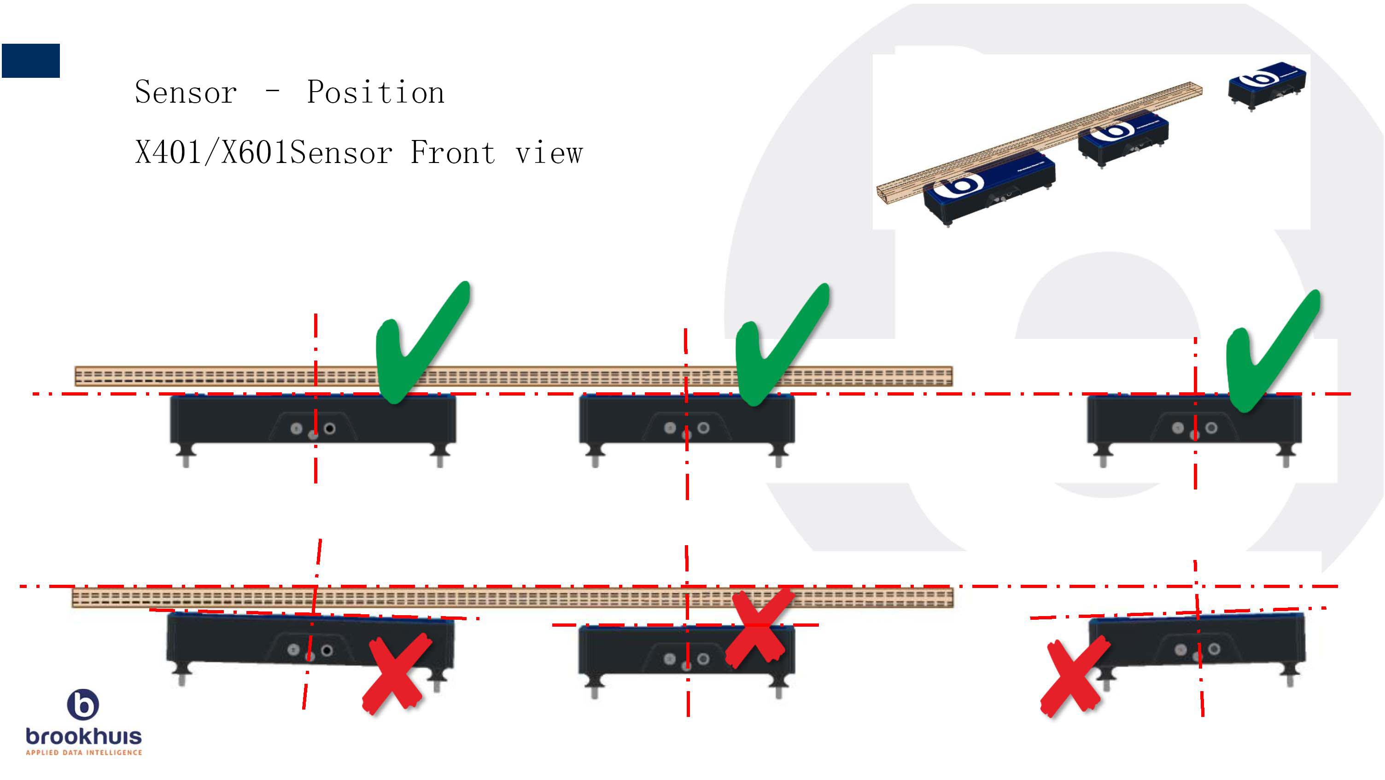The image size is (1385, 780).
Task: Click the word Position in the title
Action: pyautogui.click(x=375, y=92)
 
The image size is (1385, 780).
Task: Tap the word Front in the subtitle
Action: pyautogui.click(x=452, y=153)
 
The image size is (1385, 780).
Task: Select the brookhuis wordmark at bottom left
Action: pyautogui.click(x=83, y=736)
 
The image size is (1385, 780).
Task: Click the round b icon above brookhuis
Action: pyautogui.click(x=83, y=704)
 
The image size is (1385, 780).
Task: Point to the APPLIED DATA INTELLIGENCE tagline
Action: pyautogui.click(x=83, y=752)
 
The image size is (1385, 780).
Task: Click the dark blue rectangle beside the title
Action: pyautogui.click(x=31, y=61)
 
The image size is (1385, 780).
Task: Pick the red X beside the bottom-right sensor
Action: pyautogui.click(x=1074, y=677)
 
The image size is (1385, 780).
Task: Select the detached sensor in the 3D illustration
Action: pyautogui.click(x=1266, y=86)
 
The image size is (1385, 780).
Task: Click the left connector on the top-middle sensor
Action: pyautogui.click(x=670, y=428)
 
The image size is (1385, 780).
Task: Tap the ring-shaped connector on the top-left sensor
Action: pyautogui.click(x=330, y=428)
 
